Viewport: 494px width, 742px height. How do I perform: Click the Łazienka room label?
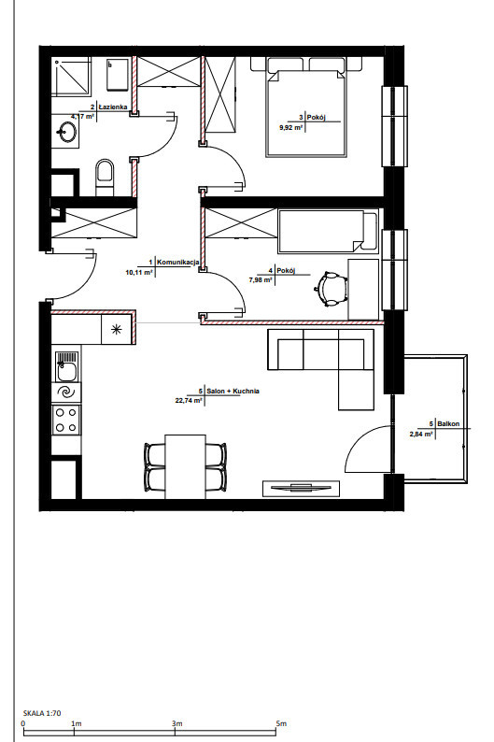click(x=113, y=107)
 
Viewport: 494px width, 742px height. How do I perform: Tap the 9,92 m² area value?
click(x=291, y=127)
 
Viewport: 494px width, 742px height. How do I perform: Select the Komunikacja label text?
click(x=177, y=262)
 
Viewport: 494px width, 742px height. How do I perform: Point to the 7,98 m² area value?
click(x=261, y=279)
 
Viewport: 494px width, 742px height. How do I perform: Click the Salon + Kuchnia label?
click(x=233, y=392)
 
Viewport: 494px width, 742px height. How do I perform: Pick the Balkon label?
click(x=448, y=424)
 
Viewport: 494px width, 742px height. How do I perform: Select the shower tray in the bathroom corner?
click(x=71, y=77)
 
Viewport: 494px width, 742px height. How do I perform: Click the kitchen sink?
click(x=67, y=366)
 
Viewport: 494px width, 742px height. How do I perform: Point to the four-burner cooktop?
click(x=66, y=420)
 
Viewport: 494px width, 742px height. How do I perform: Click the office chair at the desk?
click(x=332, y=288)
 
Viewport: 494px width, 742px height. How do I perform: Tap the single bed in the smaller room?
click(x=328, y=232)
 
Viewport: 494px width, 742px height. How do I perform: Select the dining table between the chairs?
click(x=185, y=466)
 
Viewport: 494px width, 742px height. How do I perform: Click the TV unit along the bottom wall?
click(x=301, y=489)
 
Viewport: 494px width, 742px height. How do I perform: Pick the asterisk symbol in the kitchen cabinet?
click(x=116, y=330)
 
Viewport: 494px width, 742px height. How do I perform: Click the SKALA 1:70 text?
click(x=42, y=713)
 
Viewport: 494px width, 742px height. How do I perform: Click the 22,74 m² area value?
click(x=189, y=400)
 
